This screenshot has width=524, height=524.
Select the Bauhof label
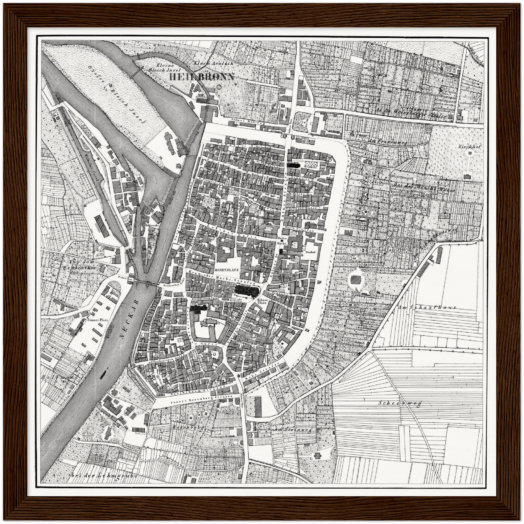tap(309, 251)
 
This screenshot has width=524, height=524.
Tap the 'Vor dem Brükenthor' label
tap(76, 265)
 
